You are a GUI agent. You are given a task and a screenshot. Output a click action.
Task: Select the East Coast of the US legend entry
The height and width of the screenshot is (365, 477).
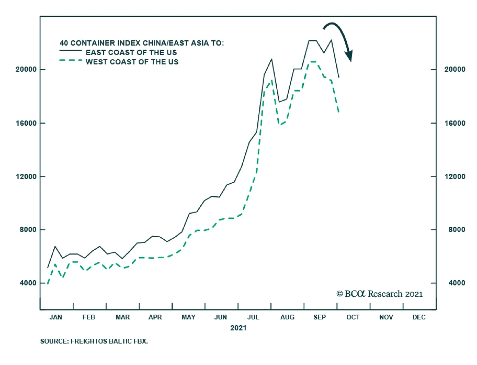131,53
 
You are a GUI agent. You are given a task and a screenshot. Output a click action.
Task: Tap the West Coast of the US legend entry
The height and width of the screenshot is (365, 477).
132,62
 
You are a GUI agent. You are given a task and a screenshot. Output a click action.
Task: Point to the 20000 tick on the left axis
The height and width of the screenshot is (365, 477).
26,69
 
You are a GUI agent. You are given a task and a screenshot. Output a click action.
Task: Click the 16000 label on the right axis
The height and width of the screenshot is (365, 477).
455,123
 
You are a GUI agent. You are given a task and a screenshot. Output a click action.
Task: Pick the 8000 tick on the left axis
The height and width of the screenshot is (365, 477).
28,230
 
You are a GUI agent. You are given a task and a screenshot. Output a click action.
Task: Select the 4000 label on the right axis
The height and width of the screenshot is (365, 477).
456,283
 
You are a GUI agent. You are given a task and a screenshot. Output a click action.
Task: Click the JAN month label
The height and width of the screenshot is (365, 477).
56,317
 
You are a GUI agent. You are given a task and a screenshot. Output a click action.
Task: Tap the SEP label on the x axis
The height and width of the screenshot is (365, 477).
320,317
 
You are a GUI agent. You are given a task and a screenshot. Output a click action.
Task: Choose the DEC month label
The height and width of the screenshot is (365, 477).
419,317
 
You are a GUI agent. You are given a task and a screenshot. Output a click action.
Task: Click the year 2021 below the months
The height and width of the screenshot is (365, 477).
238,328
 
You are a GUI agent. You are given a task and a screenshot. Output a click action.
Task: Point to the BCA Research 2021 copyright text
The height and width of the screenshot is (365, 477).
380,294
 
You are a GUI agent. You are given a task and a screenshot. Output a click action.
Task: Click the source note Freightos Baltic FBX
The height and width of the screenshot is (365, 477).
94,341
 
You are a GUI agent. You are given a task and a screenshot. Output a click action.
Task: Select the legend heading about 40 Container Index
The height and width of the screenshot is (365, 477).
142,43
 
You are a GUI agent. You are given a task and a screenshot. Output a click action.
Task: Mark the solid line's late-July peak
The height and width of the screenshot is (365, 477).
272,59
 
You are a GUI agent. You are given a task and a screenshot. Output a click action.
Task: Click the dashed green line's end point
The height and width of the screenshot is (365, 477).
339,112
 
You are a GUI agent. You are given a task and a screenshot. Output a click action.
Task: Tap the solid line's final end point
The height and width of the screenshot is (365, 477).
339,77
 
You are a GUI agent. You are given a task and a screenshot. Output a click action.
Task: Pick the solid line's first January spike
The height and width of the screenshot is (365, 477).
55,247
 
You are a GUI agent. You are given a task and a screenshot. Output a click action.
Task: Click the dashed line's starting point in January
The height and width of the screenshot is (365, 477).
48,284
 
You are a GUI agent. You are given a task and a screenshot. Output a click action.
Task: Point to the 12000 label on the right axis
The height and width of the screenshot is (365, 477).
455,176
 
